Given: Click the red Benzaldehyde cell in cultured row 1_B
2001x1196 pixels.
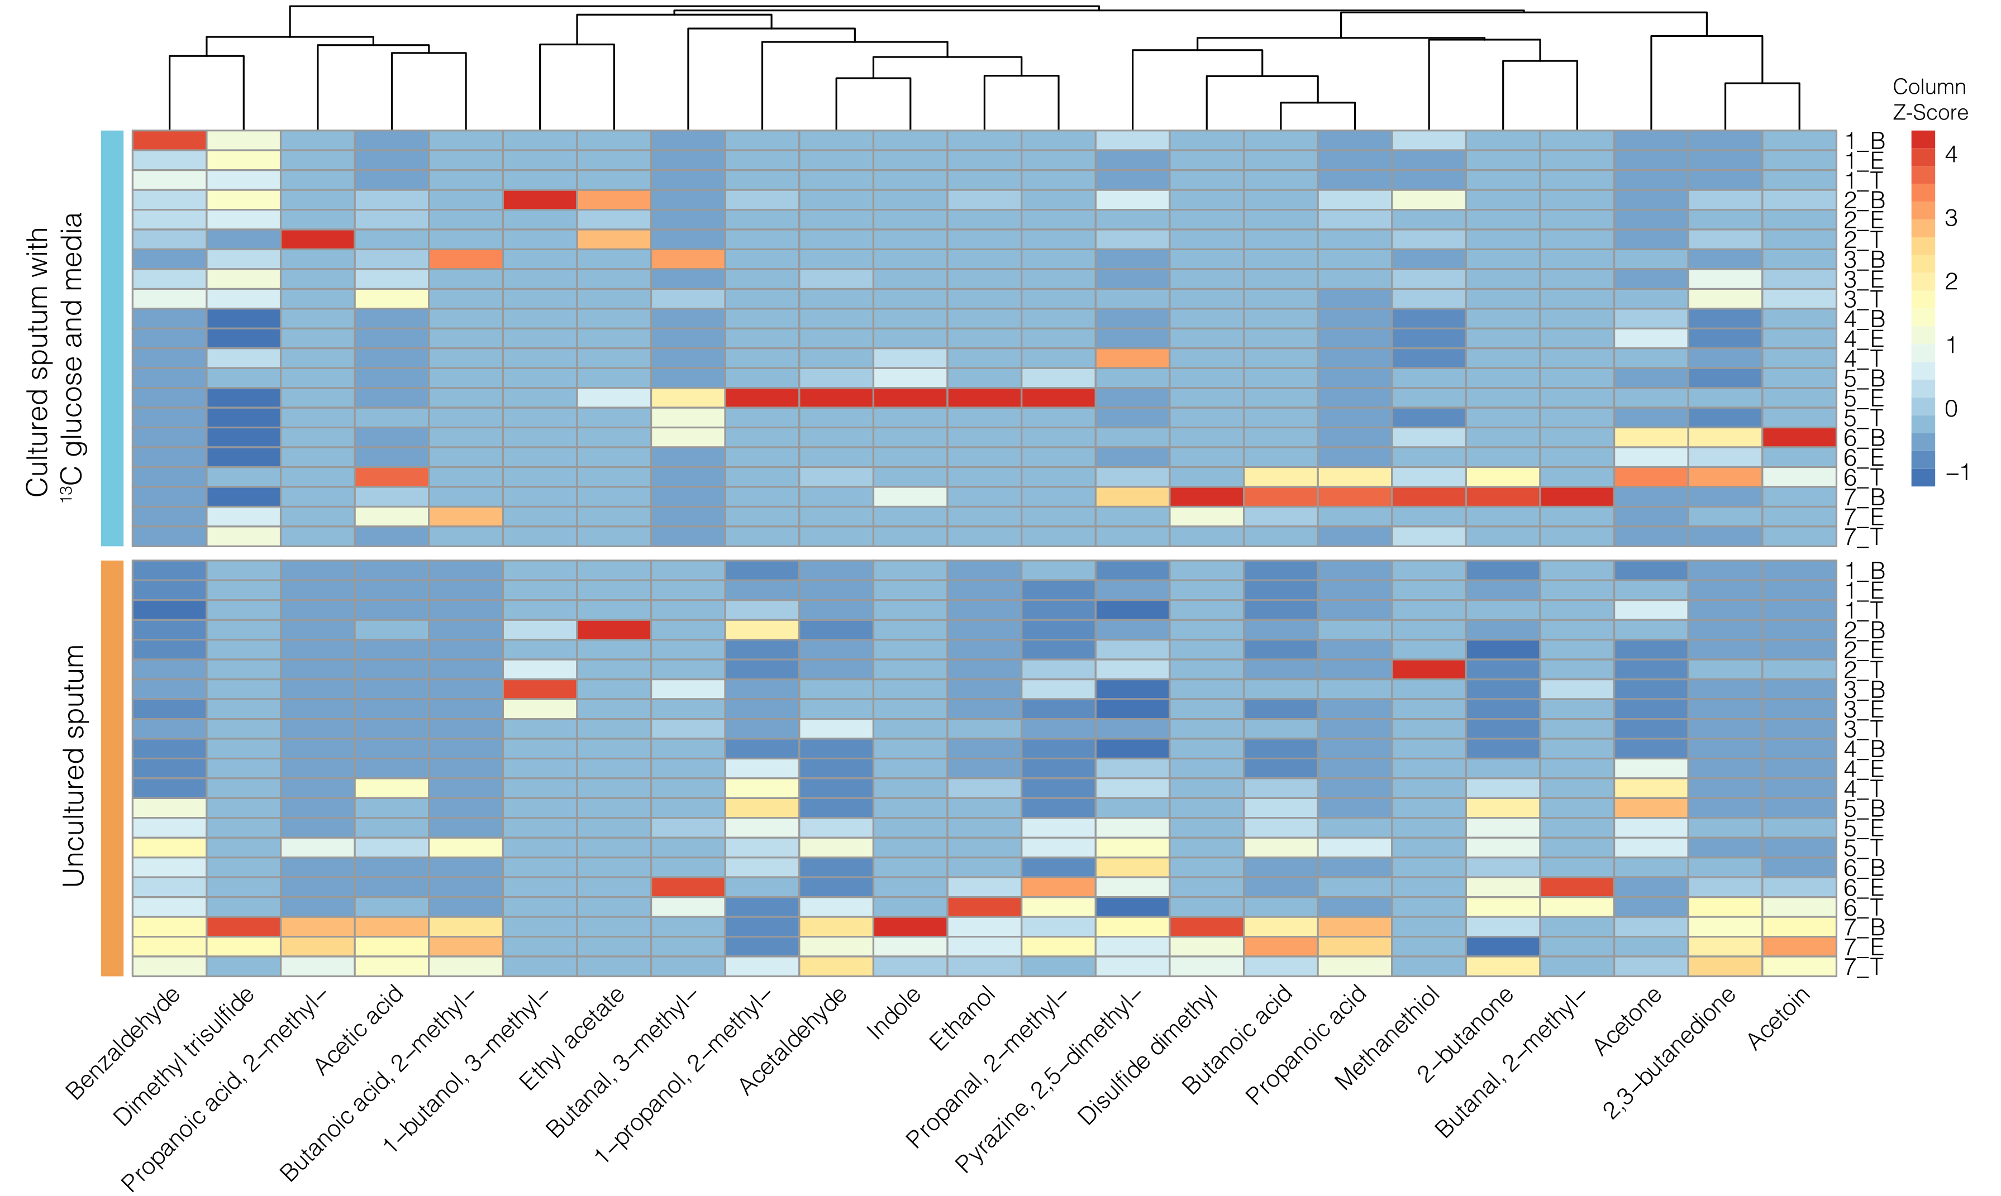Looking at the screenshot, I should pos(169,140).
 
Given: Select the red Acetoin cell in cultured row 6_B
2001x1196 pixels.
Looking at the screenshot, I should pos(1799,437).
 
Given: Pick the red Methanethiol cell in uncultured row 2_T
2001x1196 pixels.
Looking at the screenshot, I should pos(1428,669).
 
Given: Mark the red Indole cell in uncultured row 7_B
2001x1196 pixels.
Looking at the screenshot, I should pos(910,927).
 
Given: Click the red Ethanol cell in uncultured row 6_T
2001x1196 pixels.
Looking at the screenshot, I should pos(984,907).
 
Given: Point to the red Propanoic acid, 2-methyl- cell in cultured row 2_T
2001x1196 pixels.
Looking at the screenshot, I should pos(318,240).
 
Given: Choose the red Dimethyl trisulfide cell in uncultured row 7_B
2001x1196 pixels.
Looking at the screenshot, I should pos(244,927).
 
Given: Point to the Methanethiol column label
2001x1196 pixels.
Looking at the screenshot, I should pos(1387,1038).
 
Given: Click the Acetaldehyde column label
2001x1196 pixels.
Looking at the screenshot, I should pos(793,1040).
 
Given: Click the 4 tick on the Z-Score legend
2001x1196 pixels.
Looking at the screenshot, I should pos(1951,155).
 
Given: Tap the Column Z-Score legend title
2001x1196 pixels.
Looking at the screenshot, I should pos(1929,99).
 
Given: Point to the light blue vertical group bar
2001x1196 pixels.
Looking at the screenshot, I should pos(112,338).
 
